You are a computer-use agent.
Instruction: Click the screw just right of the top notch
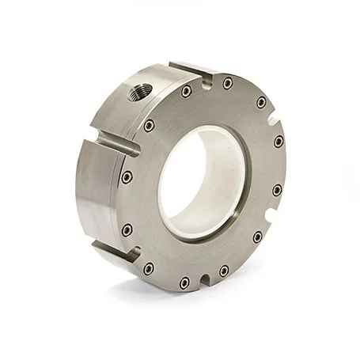pos(228,83)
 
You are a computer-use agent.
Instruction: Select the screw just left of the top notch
pos(186,91)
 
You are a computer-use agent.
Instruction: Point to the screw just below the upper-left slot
pos(127,176)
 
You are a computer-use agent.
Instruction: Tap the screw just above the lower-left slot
pos(127,229)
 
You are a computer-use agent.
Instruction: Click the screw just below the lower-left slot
pos(148,268)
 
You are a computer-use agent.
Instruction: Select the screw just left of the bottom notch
pos(184,282)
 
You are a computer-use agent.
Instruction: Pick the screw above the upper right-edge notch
pos(261,102)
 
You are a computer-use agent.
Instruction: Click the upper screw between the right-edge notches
pos(279,142)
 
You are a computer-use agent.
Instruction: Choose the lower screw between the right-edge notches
pos(277,190)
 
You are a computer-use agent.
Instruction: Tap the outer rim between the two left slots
pos(89,198)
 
